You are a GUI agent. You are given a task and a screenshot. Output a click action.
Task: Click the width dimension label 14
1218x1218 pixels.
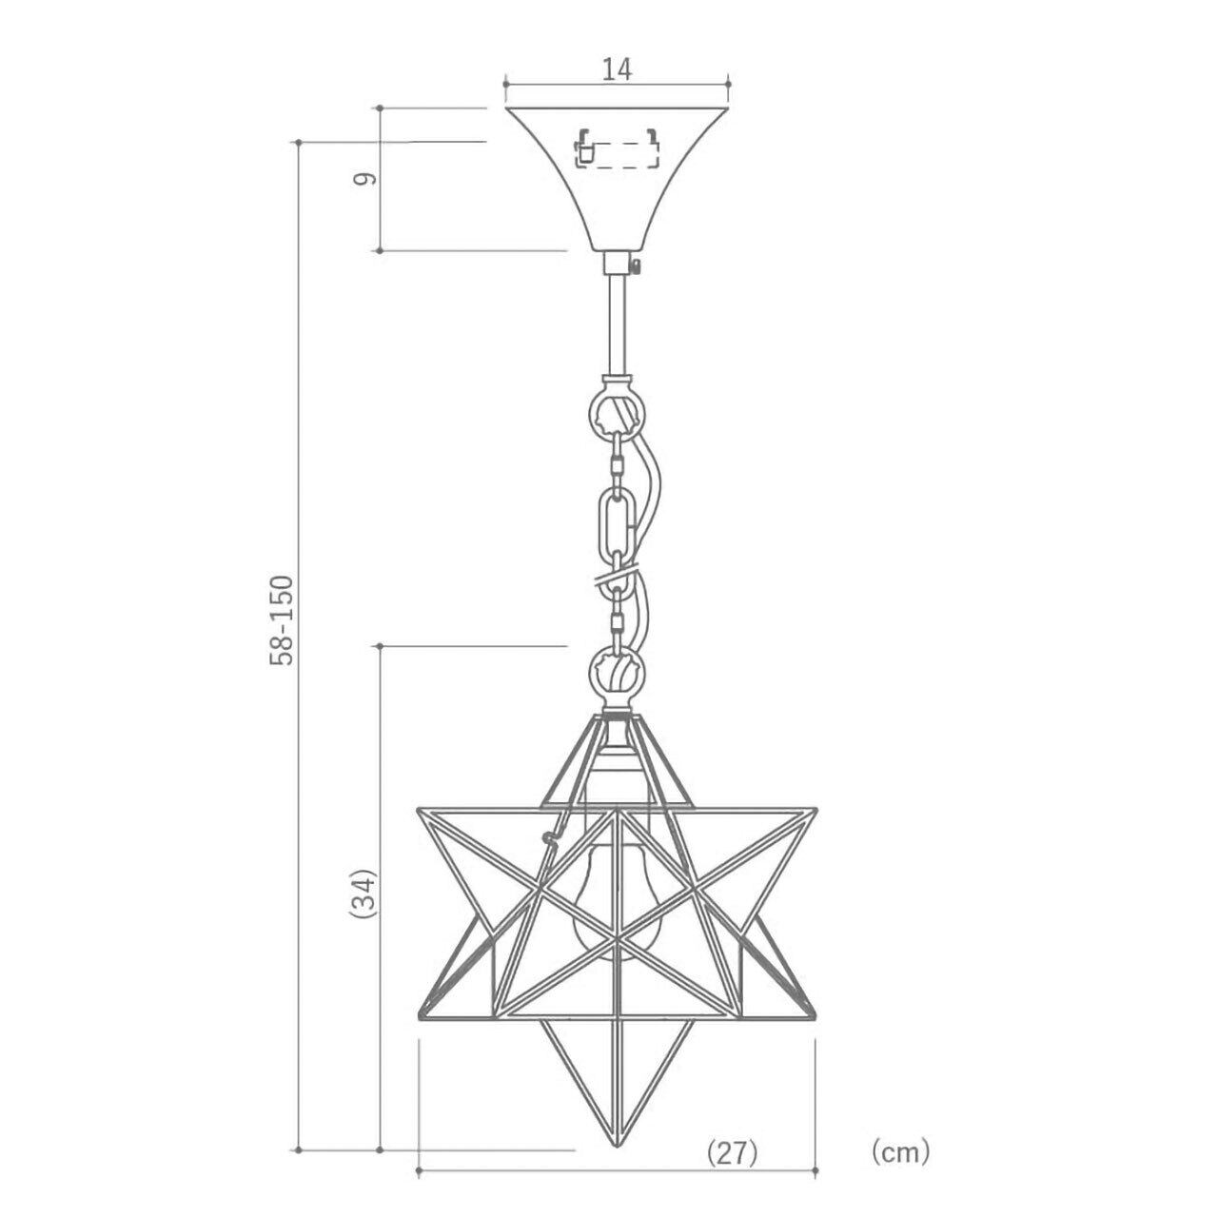[x=616, y=69]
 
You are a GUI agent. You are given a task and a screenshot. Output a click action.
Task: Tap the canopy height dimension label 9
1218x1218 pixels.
[x=364, y=179]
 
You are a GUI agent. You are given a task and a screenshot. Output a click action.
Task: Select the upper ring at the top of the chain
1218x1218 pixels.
[x=617, y=414]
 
